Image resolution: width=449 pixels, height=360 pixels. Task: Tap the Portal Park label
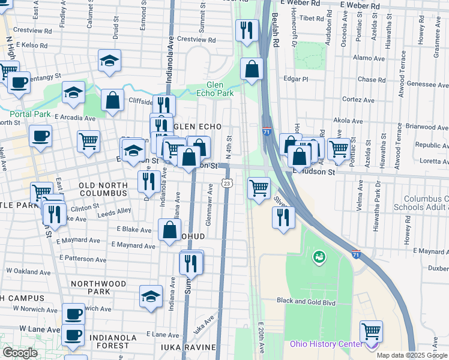click(x=29, y=114)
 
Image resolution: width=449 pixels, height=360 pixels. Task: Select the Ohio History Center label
click(x=326, y=344)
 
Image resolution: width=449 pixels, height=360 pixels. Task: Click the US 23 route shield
click(x=226, y=182)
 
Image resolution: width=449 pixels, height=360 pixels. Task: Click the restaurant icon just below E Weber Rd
click(x=247, y=31)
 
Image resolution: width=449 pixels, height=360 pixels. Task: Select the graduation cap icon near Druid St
click(x=109, y=61)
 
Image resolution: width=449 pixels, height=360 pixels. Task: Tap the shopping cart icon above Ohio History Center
click(x=371, y=331)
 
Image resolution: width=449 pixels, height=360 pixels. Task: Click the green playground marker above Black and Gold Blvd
click(x=318, y=258)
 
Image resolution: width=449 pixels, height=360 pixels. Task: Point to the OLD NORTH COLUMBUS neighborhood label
click(x=103, y=190)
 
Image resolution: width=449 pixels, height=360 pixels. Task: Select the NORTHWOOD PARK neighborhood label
click(x=98, y=284)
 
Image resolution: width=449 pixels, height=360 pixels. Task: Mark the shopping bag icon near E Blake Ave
click(x=170, y=229)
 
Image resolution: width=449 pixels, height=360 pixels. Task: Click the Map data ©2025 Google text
click(x=412, y=355)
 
